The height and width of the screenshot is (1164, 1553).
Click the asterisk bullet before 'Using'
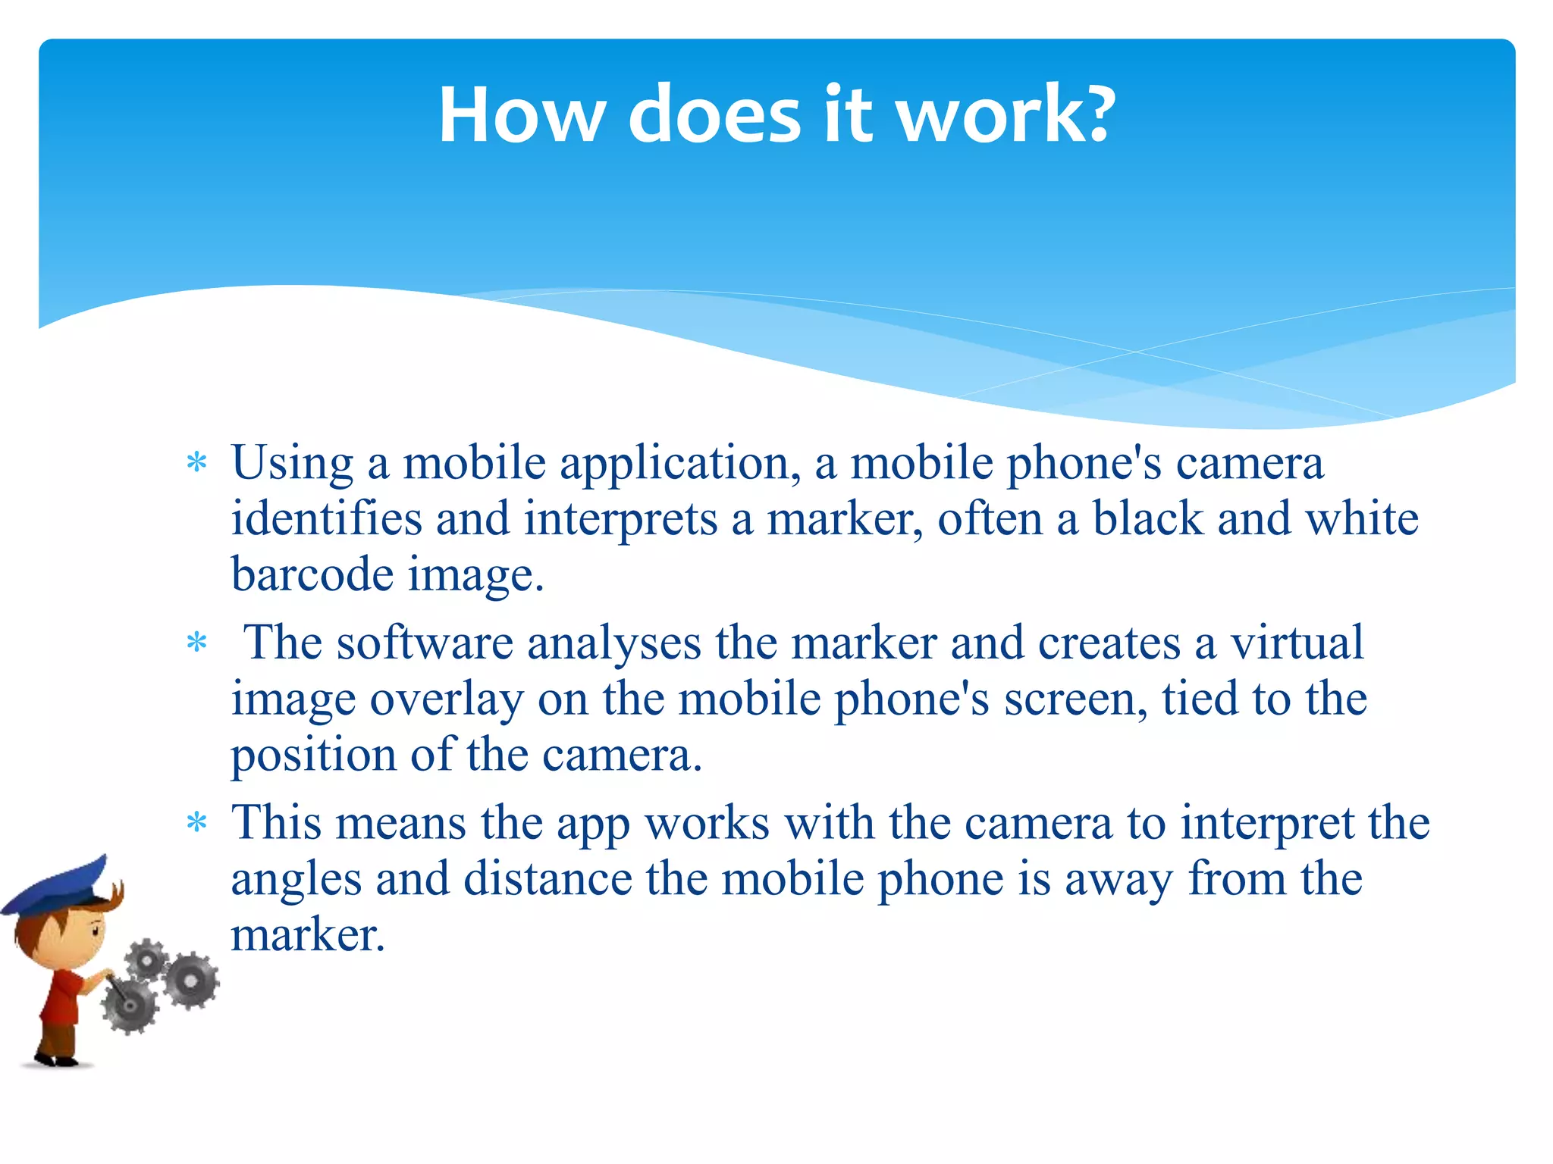pyautogui.click(x=197, y=463)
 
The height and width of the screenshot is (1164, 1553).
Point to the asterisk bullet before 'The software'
pyautogui.click(x=197, y=643)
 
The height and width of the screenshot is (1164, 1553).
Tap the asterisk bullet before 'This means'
pyautogui.click(x=197, y=823)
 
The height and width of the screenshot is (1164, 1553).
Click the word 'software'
pyautogui.click(x=425, y=643)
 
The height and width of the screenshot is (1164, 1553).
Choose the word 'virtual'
pyautogui.click(x=1296, y=643)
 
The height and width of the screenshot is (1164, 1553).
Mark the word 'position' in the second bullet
pyautogui.click(x=313, y=756)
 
